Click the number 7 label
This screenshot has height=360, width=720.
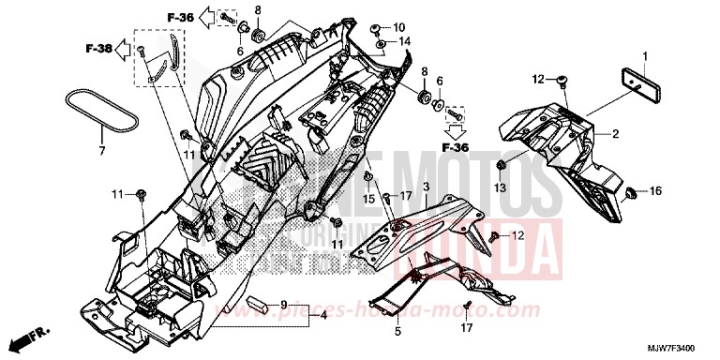click(x=102, y=150)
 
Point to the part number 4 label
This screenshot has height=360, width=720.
click(x=322, y=317)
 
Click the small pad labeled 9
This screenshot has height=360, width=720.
click(x=262, y=306)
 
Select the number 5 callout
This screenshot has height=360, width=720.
click(x=397, y=332)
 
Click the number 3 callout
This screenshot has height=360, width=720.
click(x=425, y=188)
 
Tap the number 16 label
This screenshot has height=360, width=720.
click(x=656, y=191)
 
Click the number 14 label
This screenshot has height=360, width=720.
click(x=406, y=42)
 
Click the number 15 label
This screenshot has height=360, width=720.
click(x=367, y=198)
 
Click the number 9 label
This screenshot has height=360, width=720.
click(x=283, y=305)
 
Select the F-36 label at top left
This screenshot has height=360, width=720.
click(x=181, y=17)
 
